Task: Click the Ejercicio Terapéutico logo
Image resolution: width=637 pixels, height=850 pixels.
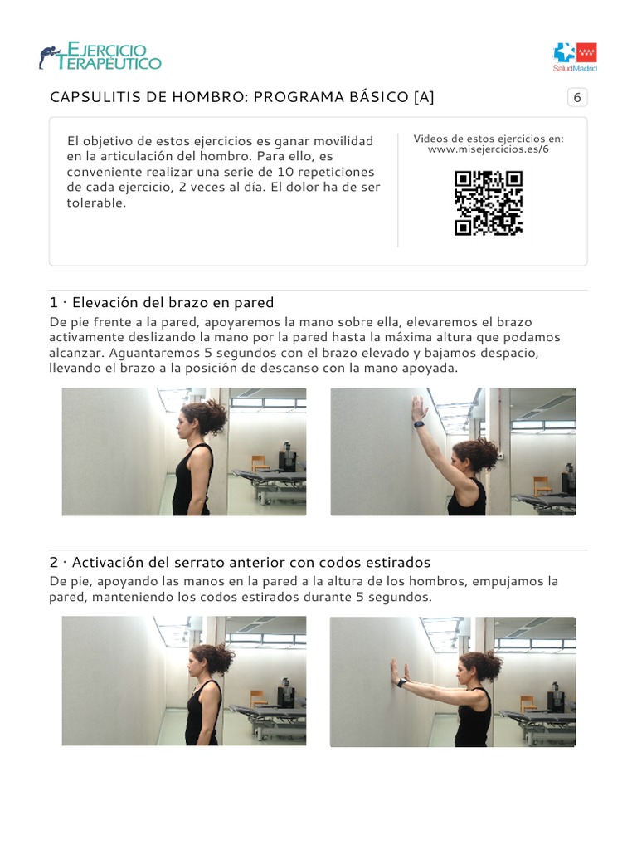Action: (x=100, y=56)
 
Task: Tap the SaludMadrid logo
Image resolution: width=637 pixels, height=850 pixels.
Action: (x=575, y=56)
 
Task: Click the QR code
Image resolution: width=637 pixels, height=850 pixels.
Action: (x=489, y=203)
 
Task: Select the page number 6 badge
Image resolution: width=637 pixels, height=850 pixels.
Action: (x=577, y=98)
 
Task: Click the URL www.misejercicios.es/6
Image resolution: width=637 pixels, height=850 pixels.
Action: (x=489, y=149)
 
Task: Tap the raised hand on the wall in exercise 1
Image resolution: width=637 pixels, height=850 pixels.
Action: (x=420, y=407)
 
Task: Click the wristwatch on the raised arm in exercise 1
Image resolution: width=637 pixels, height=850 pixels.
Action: (x=419, y=424)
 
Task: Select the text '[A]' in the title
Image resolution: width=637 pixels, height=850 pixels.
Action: (x=423, y=97)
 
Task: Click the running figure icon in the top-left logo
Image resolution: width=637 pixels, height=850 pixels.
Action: (x=49, y=57)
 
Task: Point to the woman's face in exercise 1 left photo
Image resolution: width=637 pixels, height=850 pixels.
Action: (x=182, y=427)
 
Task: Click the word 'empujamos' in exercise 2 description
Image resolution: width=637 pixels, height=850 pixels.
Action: (x=514, y=581)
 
